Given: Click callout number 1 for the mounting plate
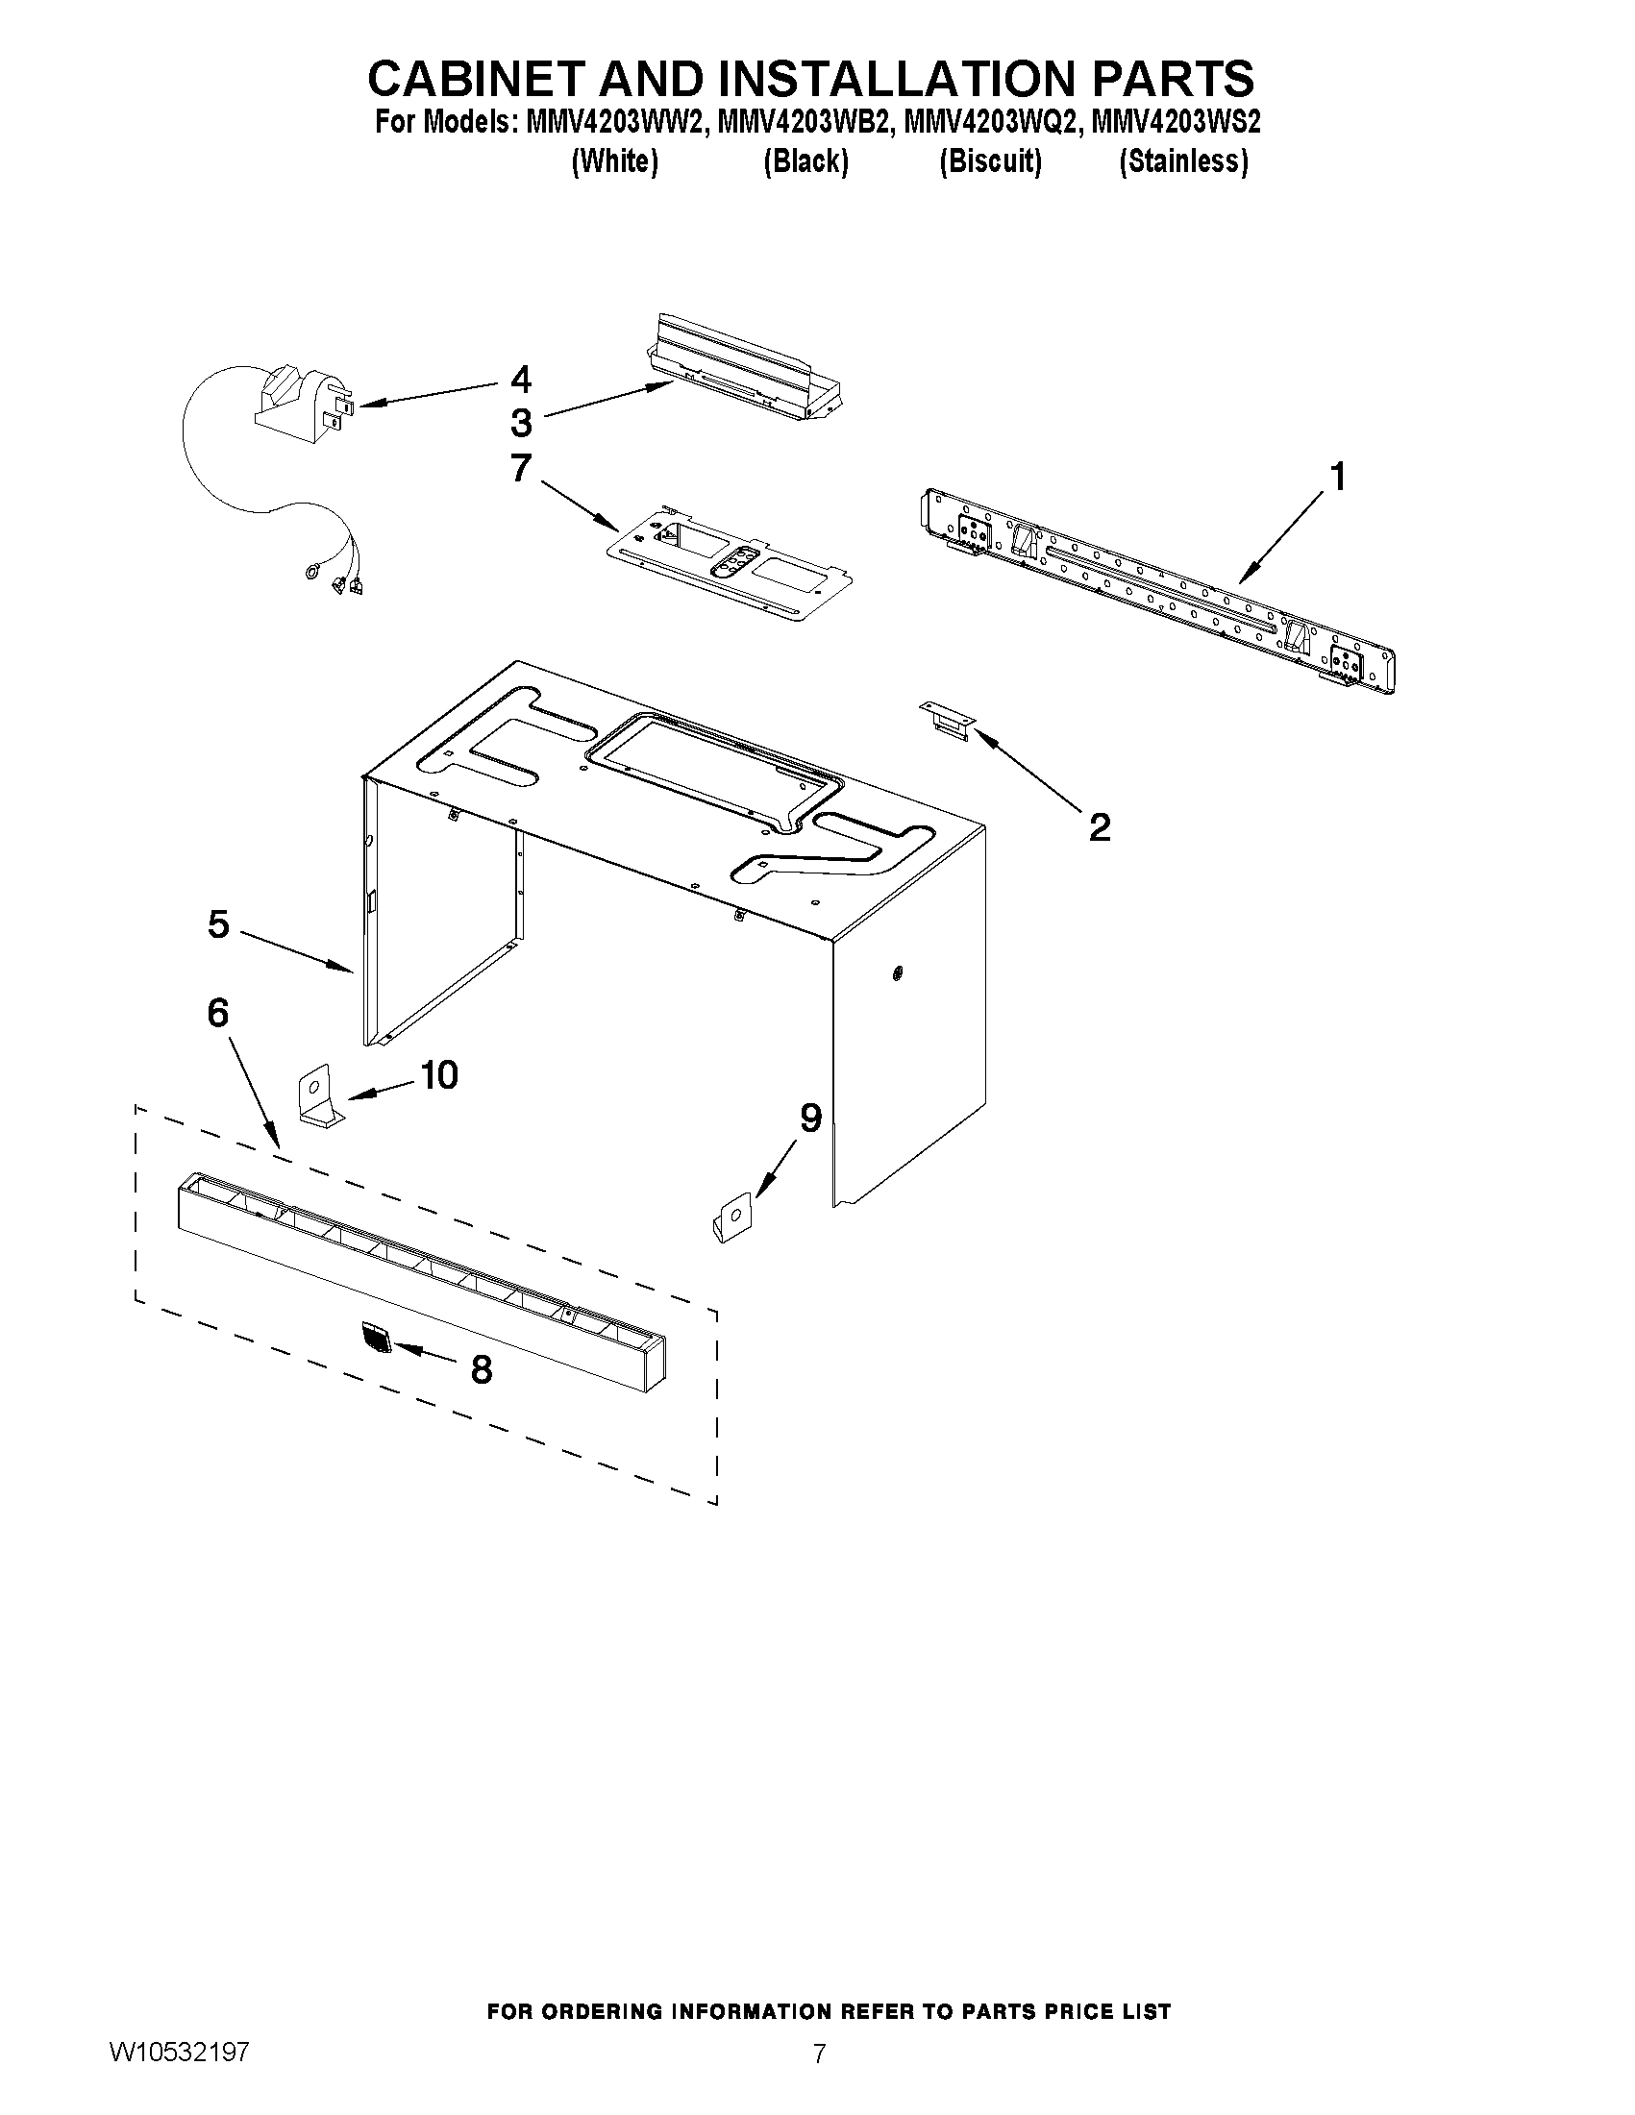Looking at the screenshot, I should (x=1338, y=477).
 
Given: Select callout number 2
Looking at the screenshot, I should (x=1099, y=827).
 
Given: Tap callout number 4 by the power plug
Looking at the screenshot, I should (x=521, y=379).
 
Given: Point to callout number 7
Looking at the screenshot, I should (x=521, y=468).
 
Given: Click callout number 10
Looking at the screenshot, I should (x=438, y=1074).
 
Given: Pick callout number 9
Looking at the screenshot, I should (x=809, y=1118).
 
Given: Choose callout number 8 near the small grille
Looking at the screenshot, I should (x=481, y=1369).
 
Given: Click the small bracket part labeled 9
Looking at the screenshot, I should (x=731, y=1218).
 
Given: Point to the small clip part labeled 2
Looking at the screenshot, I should (x=946, y=721).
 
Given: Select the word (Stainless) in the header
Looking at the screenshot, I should (x=1182, y=160).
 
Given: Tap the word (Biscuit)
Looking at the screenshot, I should (x=990, y=160).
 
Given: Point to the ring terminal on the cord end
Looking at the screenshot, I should (x=312, y=574).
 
